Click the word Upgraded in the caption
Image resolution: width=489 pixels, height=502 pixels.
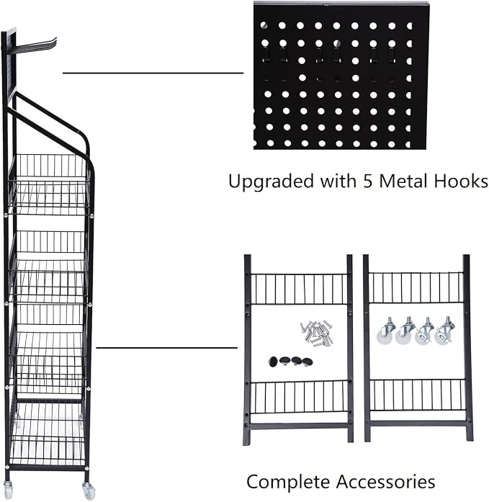point(271,181)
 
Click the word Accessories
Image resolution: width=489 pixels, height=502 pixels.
point(385,482)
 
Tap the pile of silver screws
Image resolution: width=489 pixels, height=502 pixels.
point(317,333)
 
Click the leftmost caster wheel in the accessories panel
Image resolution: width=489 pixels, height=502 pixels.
point(386,331)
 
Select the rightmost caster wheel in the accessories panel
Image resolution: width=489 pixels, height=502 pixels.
point(444,331)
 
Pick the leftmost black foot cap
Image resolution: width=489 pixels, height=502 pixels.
point(273,362)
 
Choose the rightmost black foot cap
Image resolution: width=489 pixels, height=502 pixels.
point(308,362)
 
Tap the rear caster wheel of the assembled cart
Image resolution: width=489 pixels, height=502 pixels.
point(10,488)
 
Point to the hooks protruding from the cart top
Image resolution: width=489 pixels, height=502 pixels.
point(35,45)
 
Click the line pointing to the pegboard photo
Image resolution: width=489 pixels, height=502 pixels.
point(153,73)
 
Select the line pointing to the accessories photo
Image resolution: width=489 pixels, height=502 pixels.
point(167,347)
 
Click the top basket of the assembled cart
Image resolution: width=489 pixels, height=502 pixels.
point(50,184)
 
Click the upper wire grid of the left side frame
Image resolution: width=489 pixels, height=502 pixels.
point(298,289)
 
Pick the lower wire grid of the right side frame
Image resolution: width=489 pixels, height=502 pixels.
point(417,395)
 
